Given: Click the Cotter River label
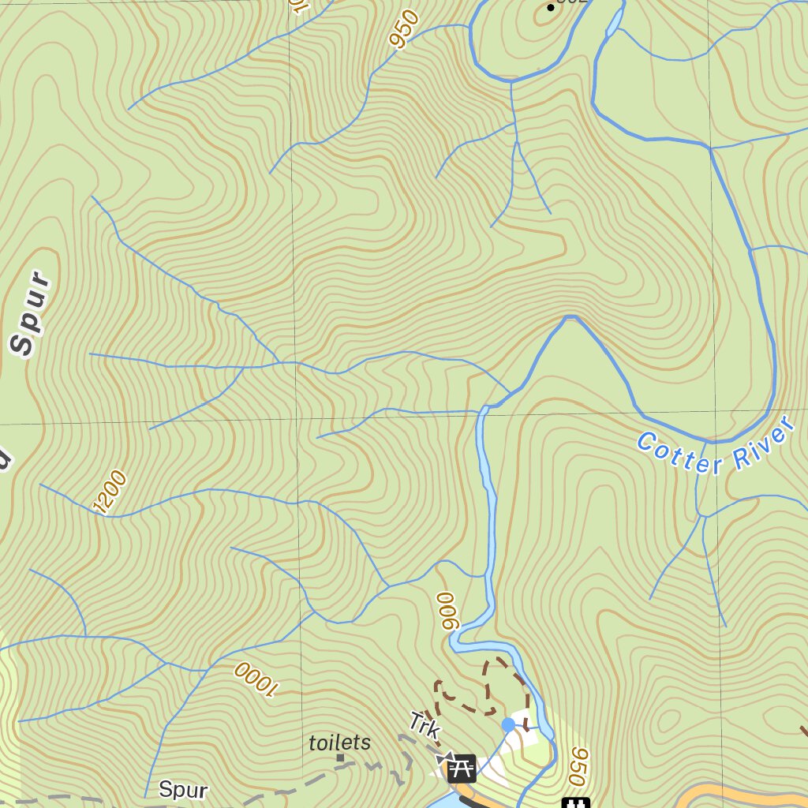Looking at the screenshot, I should [x=714, y=448].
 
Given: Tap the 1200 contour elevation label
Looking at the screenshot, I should [x=109, y=492].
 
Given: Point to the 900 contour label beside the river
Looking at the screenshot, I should [x=447, y=611].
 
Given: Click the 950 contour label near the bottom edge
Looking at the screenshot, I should [x=578, y=766].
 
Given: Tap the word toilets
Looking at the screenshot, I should [x=339, y=743].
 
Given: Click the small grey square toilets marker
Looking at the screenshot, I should [x=340, y=757].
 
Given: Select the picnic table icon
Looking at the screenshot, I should [x=462, y=768].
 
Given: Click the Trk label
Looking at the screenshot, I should [x=425, y=724].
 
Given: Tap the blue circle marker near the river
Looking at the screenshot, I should [x=508, y=724].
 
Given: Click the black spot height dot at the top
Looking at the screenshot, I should [x=551, y=7].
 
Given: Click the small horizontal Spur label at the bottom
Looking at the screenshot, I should [x=183, y=789].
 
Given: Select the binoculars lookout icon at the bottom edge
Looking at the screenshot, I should [x=576, y=802].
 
